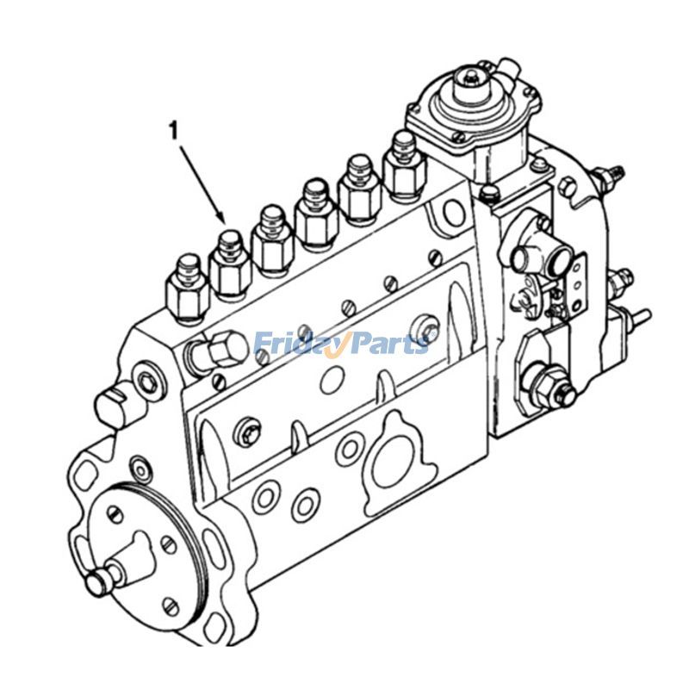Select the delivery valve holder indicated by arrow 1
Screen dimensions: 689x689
(x=229, y=262)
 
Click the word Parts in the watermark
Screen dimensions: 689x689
(x=388, y=344)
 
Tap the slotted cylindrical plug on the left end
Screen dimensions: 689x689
(x=113, y=405)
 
